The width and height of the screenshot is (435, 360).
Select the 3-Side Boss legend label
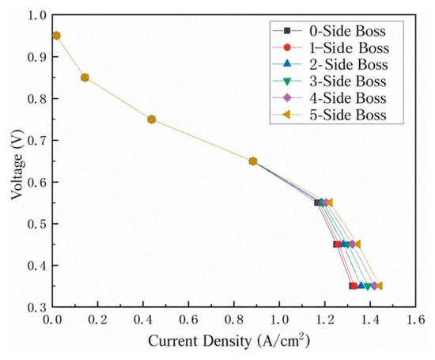click(348, 81)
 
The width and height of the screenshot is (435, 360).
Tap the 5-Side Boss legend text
click(348, 115)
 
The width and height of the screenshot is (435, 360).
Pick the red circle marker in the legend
click(287, 47)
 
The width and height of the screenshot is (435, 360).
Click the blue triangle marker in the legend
click(287, 63)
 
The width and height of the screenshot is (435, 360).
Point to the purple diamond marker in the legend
click(287, 97)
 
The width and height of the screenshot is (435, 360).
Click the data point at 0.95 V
click(56, 36)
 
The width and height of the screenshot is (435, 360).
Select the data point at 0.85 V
click(85, 78)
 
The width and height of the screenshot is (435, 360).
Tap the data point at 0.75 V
click(152, 119)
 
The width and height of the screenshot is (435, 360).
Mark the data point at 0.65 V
click(253, 161)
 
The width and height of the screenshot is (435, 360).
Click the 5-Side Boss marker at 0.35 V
click(379, 286)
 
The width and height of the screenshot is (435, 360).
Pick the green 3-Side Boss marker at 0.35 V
click(368, 286)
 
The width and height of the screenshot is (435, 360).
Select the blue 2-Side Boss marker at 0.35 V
click(361, 286)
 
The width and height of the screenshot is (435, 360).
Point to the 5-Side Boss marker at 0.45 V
click(357, 244)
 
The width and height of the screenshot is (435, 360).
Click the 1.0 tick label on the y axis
click(37, 15)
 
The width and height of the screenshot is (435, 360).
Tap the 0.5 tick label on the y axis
click(37, 224)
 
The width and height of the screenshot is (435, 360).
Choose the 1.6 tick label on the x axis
click(415, 320)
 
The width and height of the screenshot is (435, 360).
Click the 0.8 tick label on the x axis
click(233, 320)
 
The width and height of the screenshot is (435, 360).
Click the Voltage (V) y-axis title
click(17, 165)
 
